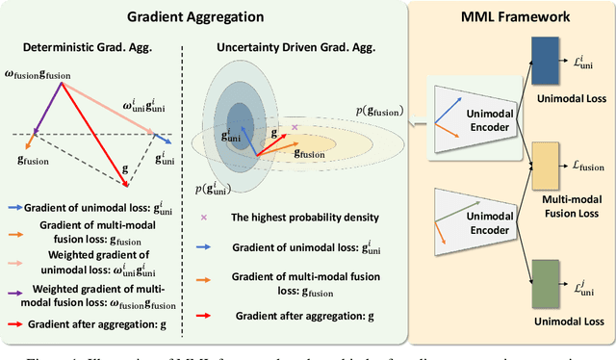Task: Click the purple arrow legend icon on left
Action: (16, 291)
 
